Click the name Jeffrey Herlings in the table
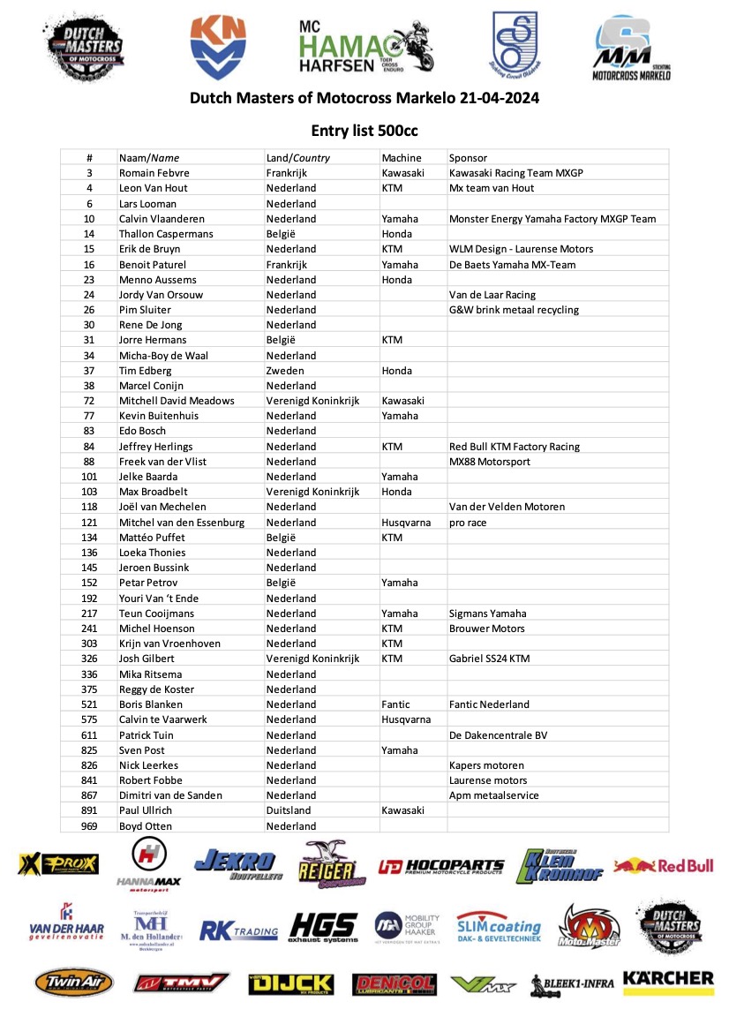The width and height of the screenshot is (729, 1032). [155, 447]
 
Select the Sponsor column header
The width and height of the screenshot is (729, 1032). [468, 158]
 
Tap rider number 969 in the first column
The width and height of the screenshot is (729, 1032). [89, 826]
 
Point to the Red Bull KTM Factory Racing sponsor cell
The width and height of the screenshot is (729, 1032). [515, 447]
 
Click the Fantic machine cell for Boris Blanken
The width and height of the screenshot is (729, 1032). [395, 704]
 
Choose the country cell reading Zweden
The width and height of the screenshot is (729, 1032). [285, 371]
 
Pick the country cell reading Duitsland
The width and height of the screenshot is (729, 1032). [289, 810]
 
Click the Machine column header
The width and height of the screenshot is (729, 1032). [402, 158]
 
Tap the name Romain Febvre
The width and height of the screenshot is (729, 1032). [154, 173]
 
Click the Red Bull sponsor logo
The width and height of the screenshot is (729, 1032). [664, 866]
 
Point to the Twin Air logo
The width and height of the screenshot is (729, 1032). [74, 983]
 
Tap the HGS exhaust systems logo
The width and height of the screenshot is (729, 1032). [323, 928]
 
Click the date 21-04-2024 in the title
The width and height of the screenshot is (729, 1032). [499, 98]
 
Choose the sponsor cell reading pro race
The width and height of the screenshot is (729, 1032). [468, 523]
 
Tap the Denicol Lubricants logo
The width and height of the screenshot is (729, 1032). [394, 983]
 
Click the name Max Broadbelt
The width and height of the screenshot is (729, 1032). [154, 492]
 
